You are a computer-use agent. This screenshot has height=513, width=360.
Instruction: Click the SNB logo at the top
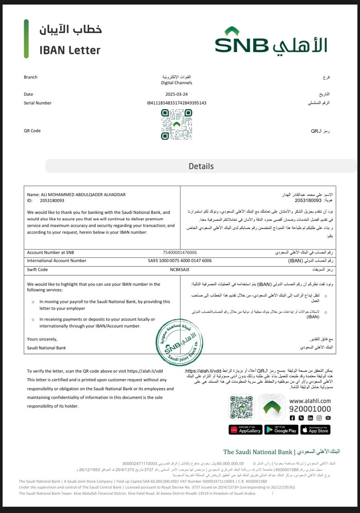point(271,41)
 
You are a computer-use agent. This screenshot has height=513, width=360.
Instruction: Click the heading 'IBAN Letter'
point(70,50)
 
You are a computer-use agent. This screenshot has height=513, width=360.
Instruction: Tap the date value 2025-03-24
point(176,94)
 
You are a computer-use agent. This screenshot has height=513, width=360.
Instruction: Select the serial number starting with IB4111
point(176,103)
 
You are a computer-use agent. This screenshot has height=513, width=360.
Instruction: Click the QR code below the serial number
point(176,124)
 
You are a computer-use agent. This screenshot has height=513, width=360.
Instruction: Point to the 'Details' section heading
point(201,166)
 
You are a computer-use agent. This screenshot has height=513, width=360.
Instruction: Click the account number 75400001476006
point(180,252)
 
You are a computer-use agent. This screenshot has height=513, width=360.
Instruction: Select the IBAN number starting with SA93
point(180,261)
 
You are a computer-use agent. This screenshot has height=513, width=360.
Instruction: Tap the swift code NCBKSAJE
point(180,270)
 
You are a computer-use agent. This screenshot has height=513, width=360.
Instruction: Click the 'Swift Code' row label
point(37,270)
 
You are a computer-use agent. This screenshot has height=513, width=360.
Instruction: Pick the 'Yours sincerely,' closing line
point(42,339)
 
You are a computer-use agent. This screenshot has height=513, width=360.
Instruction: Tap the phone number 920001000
point(310,409)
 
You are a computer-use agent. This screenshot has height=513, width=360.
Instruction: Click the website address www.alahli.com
point(310,401)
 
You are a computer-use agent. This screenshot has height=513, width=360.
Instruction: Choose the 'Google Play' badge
point(280,430)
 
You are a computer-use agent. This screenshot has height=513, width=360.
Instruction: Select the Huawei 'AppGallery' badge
point(245,430)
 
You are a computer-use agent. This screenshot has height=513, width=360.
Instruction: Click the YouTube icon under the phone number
point(328,418)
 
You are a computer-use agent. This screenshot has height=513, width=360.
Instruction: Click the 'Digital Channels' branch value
point(176,83)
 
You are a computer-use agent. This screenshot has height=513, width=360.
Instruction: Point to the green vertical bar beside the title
point(26,39)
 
